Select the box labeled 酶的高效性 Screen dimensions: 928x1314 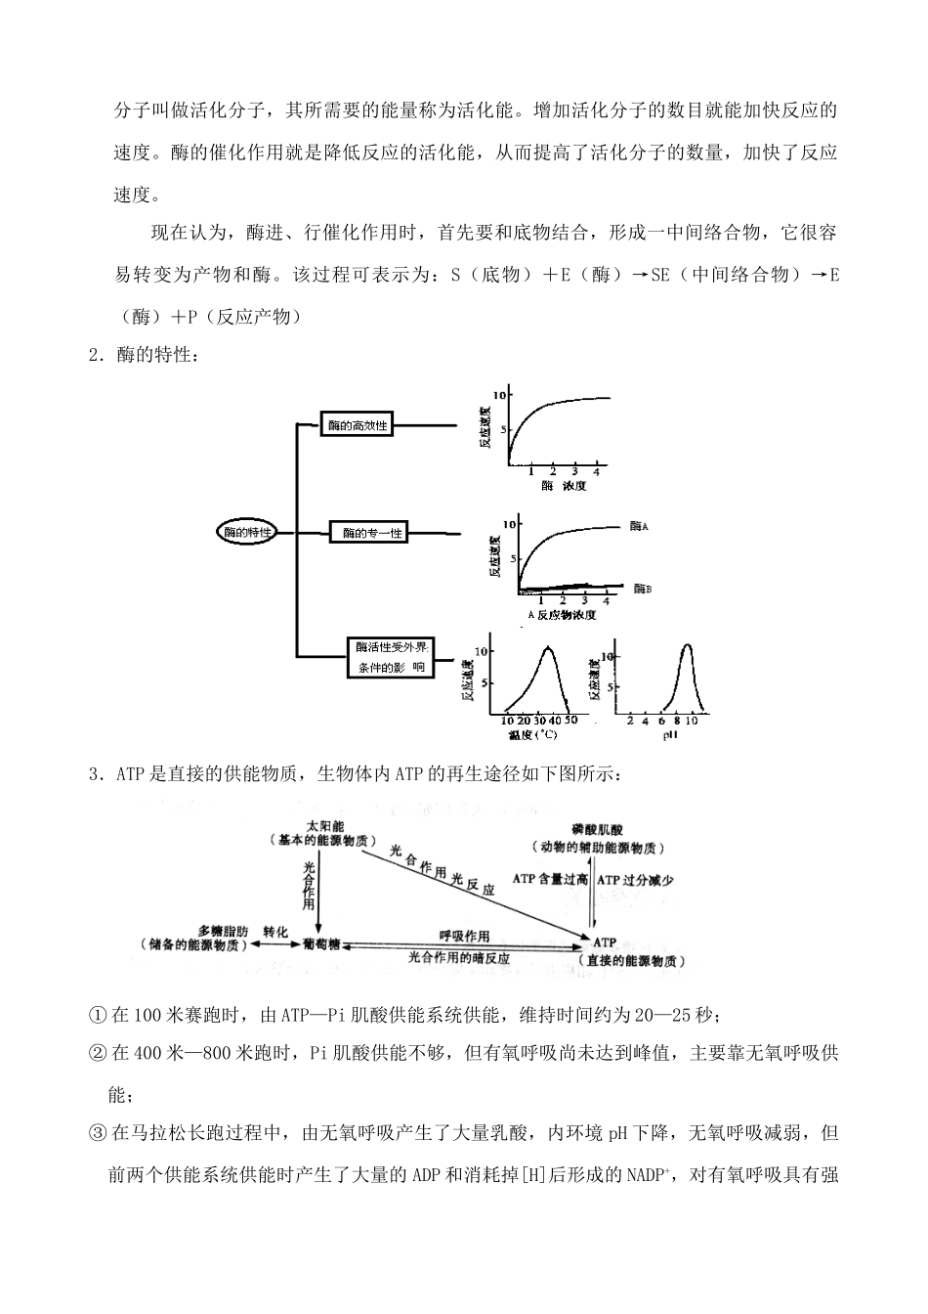point(358,425)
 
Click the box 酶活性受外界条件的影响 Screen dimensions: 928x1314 point(391,657)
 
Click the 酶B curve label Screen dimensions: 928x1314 point(641,589)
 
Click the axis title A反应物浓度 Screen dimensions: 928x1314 point(562,615)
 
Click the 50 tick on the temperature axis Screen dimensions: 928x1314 point(571,720)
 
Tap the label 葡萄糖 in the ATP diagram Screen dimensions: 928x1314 point(321,944)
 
